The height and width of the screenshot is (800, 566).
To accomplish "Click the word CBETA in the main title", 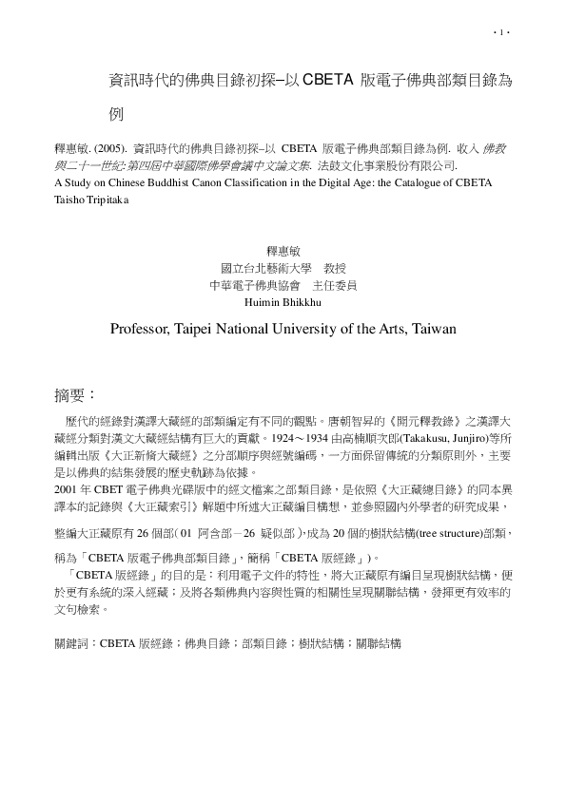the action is click(328, 82).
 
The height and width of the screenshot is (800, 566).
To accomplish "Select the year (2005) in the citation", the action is click(109, 150).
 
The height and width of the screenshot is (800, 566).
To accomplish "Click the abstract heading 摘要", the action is click(76, 393).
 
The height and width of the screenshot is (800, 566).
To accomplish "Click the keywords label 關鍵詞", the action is click(74, 643).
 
